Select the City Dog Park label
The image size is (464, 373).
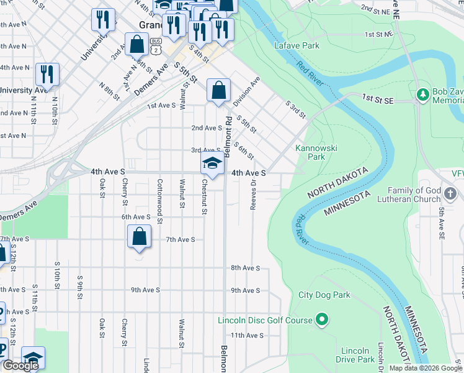pyautogui.click(x=324, y=295)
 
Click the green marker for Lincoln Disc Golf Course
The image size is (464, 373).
pyautogui.click(x=321, y=320)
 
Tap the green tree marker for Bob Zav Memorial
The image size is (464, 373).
pyautogui.click(x=424, y=94)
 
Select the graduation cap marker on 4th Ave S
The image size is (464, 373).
pyautogui.click(x=212, y=163)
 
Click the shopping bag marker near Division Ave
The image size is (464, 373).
pyautogui.click(x=218, y=90)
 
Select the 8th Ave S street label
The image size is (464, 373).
pyautogui.click(x=244, y=268)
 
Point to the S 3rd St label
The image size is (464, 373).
pyautogui.click(x=295, y=109)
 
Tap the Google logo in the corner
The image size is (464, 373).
pyautogui.click(x=20, y=366)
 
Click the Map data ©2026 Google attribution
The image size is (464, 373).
pyautogui.click(x=426, y=368)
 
